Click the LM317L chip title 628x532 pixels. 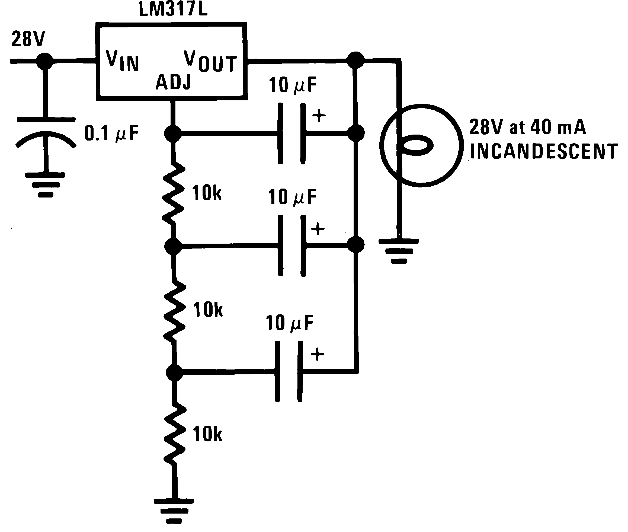[x=173, y=9]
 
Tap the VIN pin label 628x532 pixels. [x=122, y=61]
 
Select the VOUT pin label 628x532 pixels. [x=210, y=62]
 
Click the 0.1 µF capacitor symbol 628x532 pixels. [x=46, y=133]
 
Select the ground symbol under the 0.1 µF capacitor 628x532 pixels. [x=46, y=184]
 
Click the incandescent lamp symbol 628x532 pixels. [x=421, y=146]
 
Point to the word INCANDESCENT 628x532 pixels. [x=544, y=151]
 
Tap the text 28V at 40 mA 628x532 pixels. [x=527, y=127]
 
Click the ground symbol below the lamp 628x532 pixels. [x=399, y=251]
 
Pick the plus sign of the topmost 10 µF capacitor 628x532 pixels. [x=319, y=115]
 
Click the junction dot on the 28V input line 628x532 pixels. [x=45, y=61]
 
